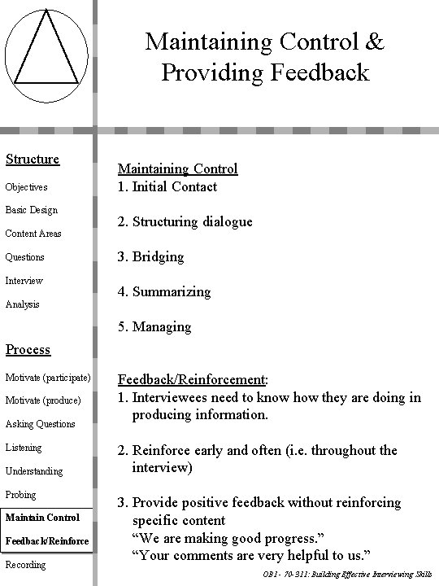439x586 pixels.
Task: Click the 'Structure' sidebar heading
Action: (33, 159)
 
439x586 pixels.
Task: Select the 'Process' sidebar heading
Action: (28, 349)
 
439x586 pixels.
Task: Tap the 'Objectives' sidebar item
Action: (27, 187)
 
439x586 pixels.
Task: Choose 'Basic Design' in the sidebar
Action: (32, 210)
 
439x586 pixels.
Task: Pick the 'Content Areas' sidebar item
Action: (34, 234)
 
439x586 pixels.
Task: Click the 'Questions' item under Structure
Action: (25, 257)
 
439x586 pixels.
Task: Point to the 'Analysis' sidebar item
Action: (23, 304)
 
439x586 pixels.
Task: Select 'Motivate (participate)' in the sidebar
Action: (48, 377)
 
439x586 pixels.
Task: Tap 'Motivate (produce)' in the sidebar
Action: (43, 400)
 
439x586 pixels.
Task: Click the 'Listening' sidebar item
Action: (24, 448)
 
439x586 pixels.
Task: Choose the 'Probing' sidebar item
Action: (21, 495)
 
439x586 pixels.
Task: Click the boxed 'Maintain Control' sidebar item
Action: (42, 518)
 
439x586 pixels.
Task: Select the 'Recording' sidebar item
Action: (26, 565)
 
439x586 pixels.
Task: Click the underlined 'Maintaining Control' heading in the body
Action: (178, 168)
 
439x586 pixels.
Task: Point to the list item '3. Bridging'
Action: (151, 256)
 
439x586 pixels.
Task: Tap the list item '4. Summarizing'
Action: (164, 291)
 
